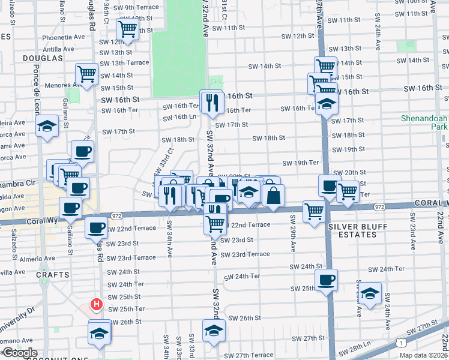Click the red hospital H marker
click(95, 305)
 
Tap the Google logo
click(19, 353)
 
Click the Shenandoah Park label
click(425, 123)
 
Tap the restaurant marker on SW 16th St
click(211, 101)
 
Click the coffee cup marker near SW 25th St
click(326, 279)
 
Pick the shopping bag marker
click(273, 195)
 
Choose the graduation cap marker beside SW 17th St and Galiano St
click(47, 127)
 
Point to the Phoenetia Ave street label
click(58, 37)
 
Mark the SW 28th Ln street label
click(360, 348)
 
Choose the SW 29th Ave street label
click(293, 239)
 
